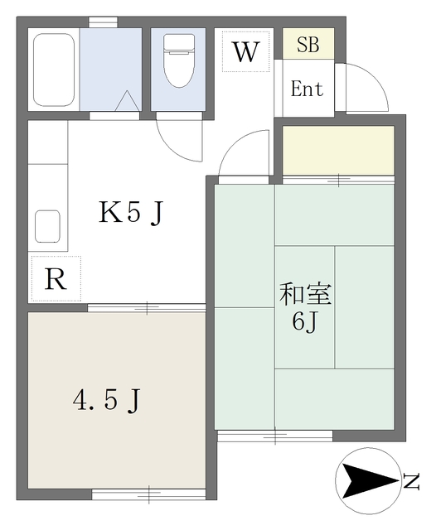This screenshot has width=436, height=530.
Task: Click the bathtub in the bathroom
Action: (x=54, y=70)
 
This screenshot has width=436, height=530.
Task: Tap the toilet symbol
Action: (x=179, y=60)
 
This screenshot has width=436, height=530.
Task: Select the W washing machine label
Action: (x=245, y=51)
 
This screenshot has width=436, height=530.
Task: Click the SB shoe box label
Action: (x=308, y=44)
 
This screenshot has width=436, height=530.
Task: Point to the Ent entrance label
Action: (x=308, y=89)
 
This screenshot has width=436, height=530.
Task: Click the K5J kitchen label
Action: (x=131, y=213)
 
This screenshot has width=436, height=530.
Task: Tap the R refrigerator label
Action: (x=56, y=279)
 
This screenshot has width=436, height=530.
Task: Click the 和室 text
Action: (x=305, y=295)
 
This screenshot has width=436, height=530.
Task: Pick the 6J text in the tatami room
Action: (x=304, y=322)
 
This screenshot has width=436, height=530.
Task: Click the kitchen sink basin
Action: (x=48, y=226)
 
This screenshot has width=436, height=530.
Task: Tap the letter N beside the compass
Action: (x=411, y=482)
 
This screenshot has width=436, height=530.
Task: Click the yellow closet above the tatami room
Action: (x=338, y=150)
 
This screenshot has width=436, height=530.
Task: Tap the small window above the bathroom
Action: (x=103, y=22)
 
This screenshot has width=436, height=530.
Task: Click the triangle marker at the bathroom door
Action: (x=128, y=100)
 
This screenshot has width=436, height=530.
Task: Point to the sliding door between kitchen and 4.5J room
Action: (x=147, y=307)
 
